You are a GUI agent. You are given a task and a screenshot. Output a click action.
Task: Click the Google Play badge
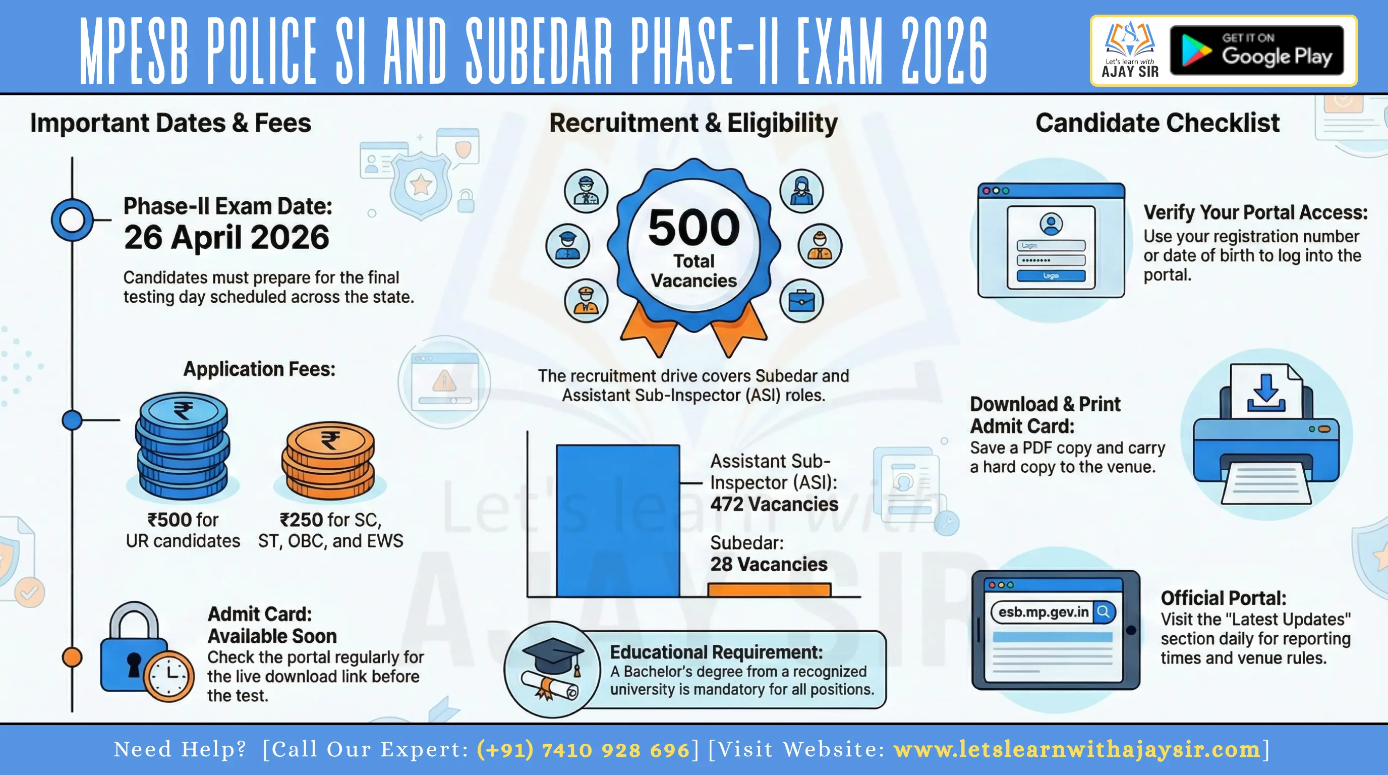[x=1256, y=50]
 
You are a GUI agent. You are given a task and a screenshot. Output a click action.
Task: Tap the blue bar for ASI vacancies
[x=617, y=520]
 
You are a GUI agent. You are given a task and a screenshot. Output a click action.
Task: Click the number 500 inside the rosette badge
[x=693, y=228]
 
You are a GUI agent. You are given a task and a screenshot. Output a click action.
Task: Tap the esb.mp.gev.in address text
[x=1043, y=612]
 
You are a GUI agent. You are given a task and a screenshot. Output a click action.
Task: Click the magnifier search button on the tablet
[x=1104, y=612]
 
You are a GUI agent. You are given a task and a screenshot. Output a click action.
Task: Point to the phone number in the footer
[x=583, y=750]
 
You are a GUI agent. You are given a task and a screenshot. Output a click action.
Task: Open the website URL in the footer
[x=1077, y=750]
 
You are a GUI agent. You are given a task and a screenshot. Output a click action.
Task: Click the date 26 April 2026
[x=226, y=238]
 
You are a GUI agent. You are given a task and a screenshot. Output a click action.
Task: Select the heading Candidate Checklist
[x=1158, y=124]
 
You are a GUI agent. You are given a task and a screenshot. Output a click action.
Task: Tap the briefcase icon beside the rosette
[x=801, y=301]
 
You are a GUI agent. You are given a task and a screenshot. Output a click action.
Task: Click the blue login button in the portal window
[x=1051, y=276]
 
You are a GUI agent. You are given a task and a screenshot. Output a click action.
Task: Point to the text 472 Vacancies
[x=774, y=505]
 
